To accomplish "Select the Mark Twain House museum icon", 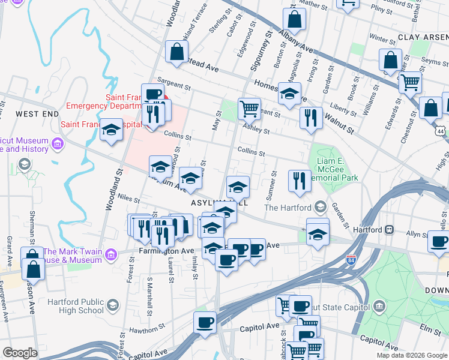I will [x=110, y=256].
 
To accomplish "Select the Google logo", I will [x=20, y=353].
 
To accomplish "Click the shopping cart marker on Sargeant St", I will [x=249, y=109].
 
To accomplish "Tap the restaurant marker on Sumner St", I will [x=299, y=181].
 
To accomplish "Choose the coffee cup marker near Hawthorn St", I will [x=205, y=322].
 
